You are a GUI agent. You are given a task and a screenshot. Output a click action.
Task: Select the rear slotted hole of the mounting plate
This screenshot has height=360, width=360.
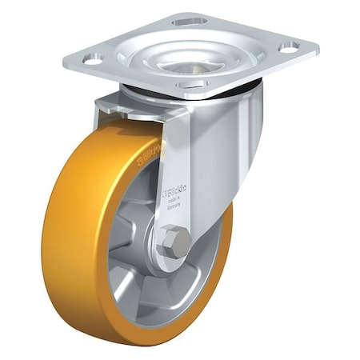[189, 19]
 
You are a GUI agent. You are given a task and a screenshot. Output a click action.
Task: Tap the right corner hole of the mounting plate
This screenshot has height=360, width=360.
[288, 46]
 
